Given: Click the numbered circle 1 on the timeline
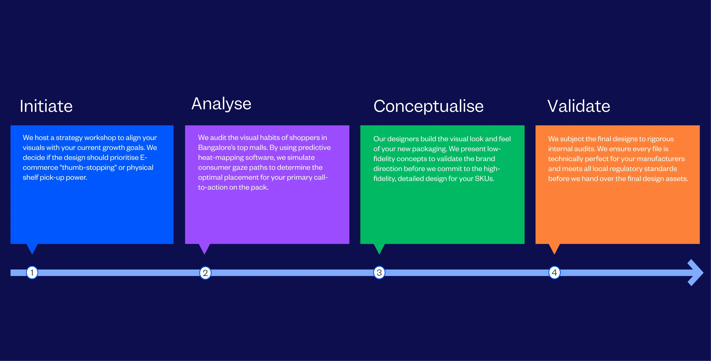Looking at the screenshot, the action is click(x=32, y=273).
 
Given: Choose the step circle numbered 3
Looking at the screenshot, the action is click(x=379, y=273).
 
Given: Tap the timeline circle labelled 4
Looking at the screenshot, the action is click(x=554, y=273).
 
